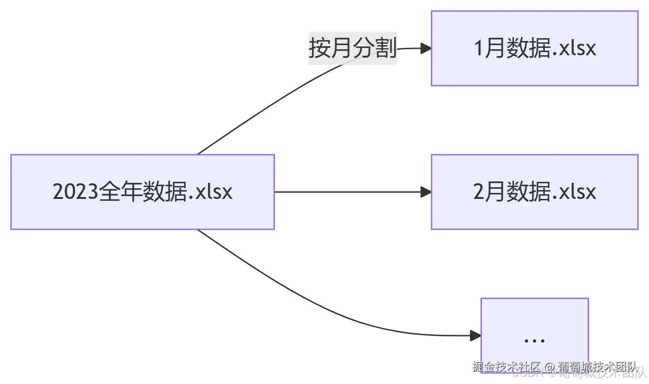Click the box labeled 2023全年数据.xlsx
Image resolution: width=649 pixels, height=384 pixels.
(x=142, y=192)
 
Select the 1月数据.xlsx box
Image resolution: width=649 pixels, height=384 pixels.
(x=534, y=48)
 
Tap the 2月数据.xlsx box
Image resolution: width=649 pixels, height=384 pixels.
(x=534, y=192)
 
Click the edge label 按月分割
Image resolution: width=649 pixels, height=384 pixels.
(x=353, y=48)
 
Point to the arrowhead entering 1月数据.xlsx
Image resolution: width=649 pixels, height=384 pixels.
(x=426, y=48)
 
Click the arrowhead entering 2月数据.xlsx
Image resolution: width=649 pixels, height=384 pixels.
(x=426, y=192)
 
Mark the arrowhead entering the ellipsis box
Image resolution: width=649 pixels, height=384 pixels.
(x=475, y=336)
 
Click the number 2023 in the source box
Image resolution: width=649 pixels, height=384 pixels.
(x=75, y=192)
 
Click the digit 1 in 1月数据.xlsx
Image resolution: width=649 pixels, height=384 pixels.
(x=479, y=48)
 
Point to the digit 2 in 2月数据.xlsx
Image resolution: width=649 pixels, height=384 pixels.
(x=479, y=192)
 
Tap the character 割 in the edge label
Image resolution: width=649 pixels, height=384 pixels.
(x=386, y=48)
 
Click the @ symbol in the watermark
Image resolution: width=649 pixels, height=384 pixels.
(x=550, y=367)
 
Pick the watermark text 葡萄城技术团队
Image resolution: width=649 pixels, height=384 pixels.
(x=597, y=367)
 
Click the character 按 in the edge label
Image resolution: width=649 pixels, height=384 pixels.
(x=319, y=48)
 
